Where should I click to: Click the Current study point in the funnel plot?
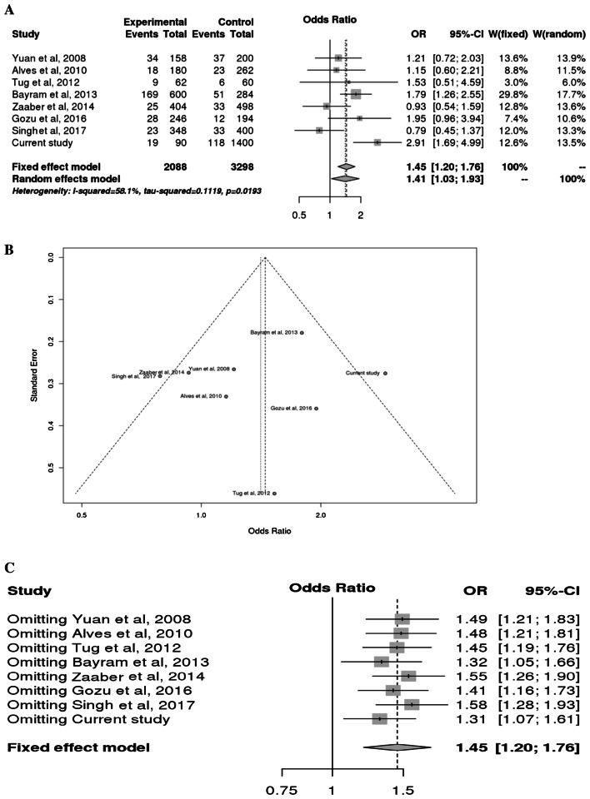[385, 374]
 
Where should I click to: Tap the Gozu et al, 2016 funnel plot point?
[316, 409]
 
